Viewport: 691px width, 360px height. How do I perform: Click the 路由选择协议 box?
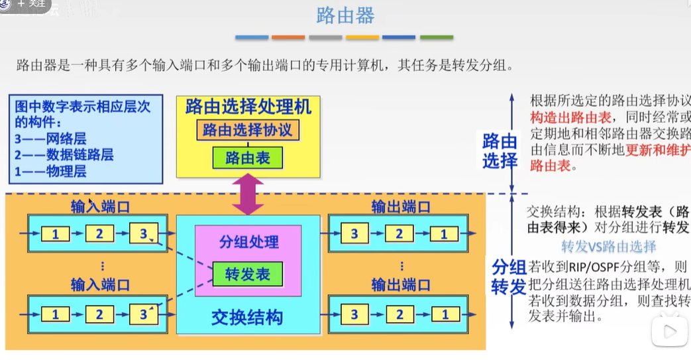248,129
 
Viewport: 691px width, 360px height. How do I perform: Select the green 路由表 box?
248,158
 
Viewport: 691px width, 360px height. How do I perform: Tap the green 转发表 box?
248,274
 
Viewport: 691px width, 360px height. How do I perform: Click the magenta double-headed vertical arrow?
248,194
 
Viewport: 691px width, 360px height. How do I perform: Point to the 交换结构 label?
248,318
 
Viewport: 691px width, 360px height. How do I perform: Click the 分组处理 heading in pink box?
248,241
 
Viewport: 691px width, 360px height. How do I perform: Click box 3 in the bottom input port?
143,314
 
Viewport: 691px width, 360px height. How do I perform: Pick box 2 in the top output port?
399,233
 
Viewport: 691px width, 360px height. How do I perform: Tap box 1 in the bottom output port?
445,314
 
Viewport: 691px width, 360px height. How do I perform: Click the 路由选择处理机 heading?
248,106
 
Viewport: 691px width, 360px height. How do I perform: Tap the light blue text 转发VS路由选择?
608,247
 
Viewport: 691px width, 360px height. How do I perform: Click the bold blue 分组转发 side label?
508,277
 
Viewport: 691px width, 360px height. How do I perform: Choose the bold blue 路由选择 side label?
500,150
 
